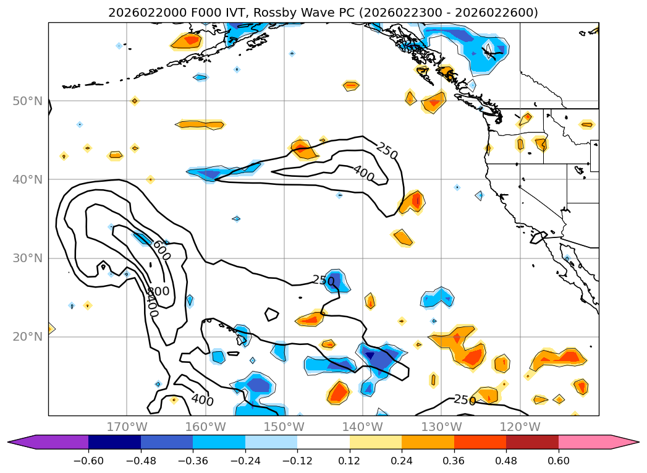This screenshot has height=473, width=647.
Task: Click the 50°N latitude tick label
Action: tap(27, 101)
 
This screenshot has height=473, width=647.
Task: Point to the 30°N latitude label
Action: tap(27, 258)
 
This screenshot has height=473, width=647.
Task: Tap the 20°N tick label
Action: tap(27, 337)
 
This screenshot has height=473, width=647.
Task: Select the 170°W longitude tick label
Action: tap(127, 427)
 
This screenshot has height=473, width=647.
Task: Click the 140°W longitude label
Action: tap(363, 427)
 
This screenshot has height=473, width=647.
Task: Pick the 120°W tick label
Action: tap(520, 427)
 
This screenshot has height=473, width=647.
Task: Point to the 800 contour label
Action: tap(158, 291)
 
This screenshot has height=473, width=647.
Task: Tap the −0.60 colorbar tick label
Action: tap(88, 461)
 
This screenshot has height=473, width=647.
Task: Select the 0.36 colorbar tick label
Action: tap(454, 461)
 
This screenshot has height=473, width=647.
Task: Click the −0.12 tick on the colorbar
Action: tap(297, 461)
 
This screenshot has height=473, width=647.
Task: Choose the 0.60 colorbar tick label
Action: tap(559, 461)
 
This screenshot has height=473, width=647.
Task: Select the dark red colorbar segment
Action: tap(532, 442)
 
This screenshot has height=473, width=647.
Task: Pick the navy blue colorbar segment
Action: tap(114, 442)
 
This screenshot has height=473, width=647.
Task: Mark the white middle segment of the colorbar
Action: tap(323, 442)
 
